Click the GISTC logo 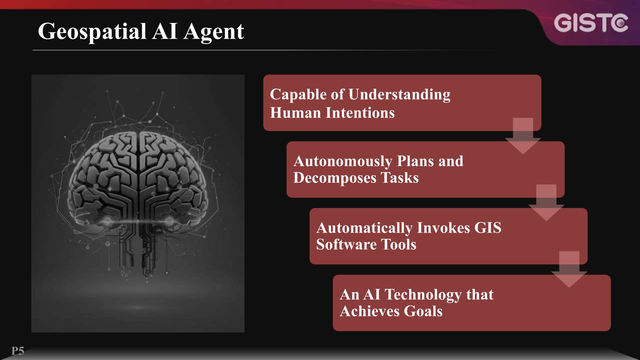(591, 23)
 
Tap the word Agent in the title (213, 32)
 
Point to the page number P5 (18, 351)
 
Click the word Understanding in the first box (399, 95)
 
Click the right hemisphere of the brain (173, 179)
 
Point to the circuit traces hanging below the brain (138, 250)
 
